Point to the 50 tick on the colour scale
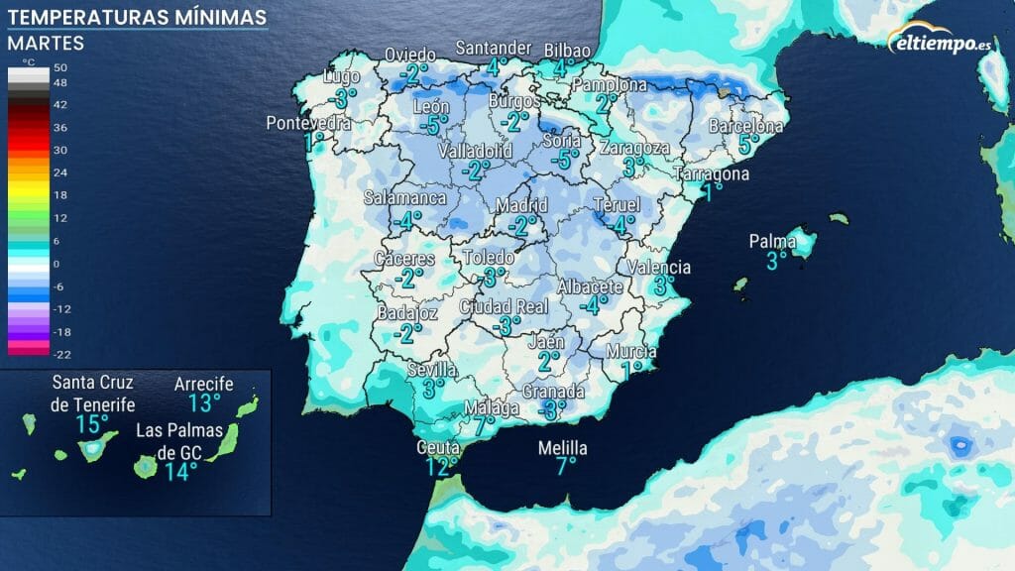[x=59, y=65]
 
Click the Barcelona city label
[x=746, y=127]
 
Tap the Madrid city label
[x=521, y=205]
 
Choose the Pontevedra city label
[x=308, y=124]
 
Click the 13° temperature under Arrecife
[x=205, y=402]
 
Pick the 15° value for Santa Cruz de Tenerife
[x=93, y=425]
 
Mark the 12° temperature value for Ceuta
[x=442, y=466]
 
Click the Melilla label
[x=562, y=449]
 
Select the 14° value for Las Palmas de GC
[x=181, y=471]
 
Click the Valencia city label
[x=659, y=268]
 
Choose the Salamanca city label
[x=405, y=198]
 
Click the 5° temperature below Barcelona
[x=749, y=145]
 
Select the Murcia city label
[x=631, y=352]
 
